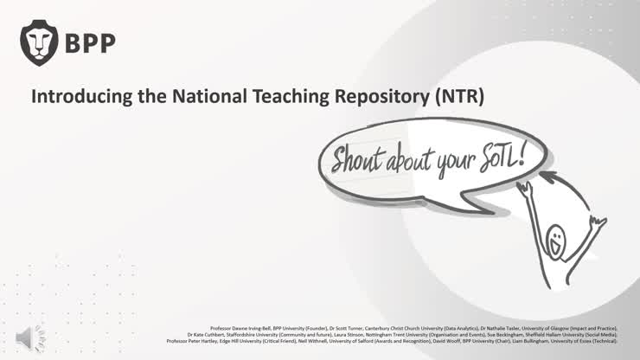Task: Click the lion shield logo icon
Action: [x=38, y=42]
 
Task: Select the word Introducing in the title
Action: [x=75, y=97]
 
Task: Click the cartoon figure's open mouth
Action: [x=554, y=246]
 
